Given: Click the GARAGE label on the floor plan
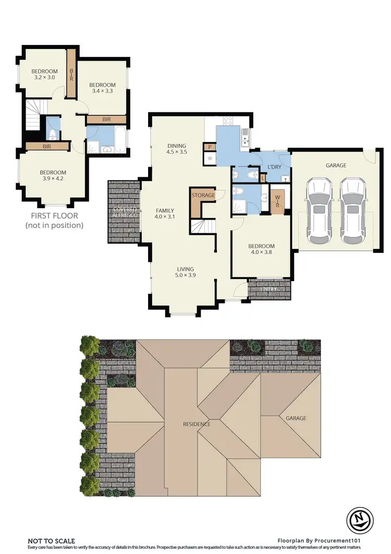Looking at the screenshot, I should pyautogui.click(x=336, y=165).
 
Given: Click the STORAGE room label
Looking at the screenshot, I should pyautogui.click(x=203, y=196).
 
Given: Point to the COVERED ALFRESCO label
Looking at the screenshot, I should pyautogui.click(x=125, y=212).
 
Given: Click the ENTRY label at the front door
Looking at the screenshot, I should pyautogui.click(x=269, y=289).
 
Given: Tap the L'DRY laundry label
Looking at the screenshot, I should pyautogui.click(x=274, y=166).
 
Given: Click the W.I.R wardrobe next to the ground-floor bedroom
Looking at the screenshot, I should pyautogui.click(x=277, y=201).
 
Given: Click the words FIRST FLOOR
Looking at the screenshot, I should pyautogui.click(x=54, y=215).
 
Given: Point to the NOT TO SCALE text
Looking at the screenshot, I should pyautogui.click(x=52, y=541).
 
